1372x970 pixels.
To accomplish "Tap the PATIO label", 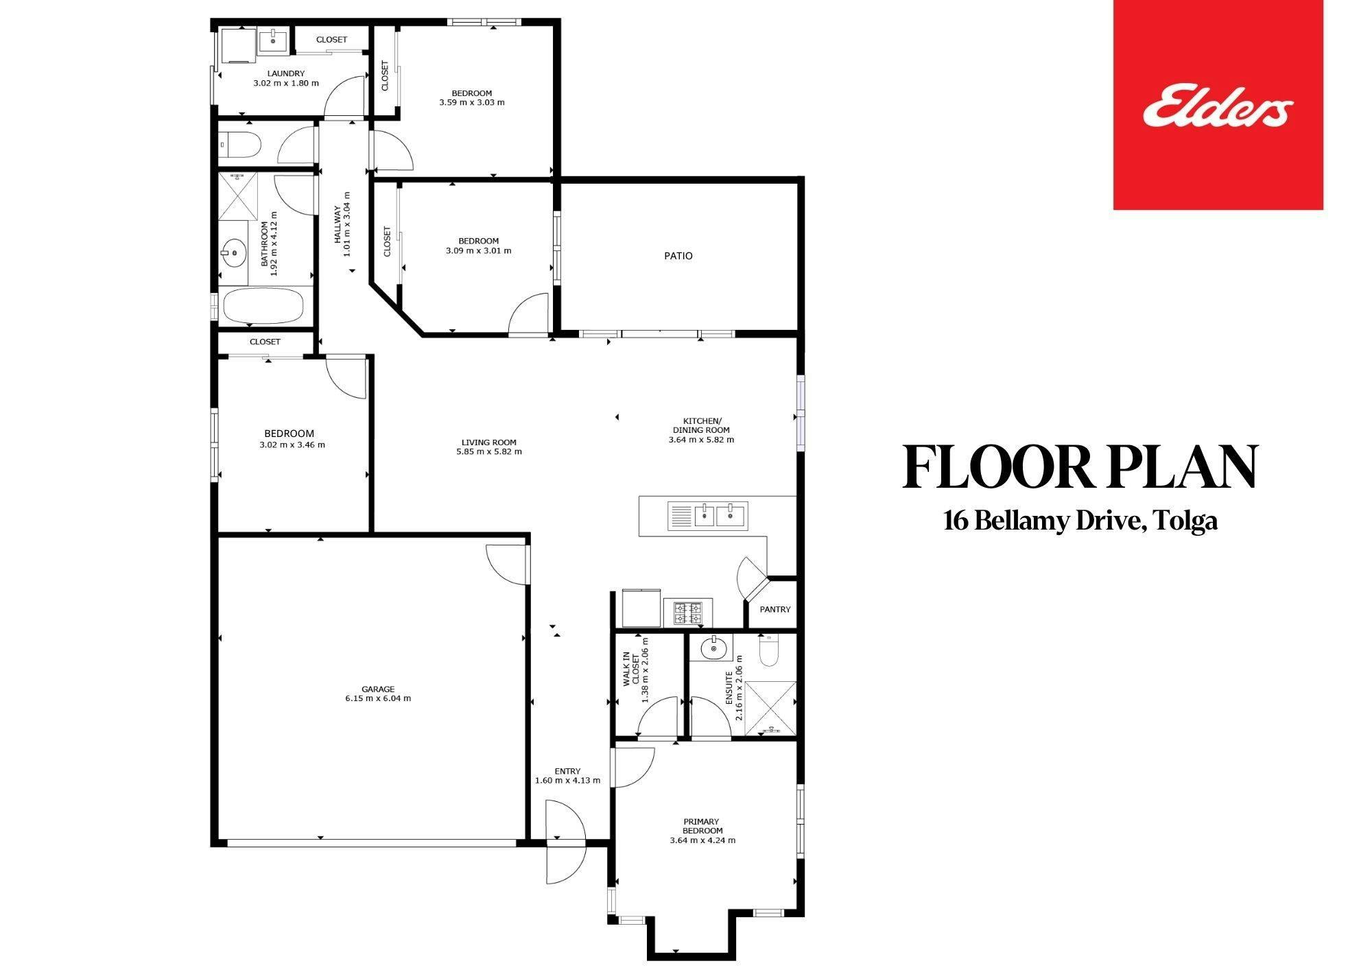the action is coord(678,256).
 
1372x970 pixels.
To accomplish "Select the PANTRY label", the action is coord(775,609).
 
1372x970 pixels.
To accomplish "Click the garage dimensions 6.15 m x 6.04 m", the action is coord(379,698).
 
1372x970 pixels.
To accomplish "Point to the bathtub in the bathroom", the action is coord(263,305).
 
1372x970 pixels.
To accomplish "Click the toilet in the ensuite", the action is coord(770,649).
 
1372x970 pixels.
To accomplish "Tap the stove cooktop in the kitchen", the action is coord(688,613).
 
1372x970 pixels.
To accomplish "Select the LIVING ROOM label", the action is coord(488,442).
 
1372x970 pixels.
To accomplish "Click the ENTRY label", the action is coord(567,771).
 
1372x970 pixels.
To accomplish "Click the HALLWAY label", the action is coord(338,225).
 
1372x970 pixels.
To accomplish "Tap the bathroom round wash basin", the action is coord(235,252).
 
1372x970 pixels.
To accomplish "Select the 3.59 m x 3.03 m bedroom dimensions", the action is coord(472,103).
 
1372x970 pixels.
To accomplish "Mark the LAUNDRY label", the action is coord(286,73).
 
